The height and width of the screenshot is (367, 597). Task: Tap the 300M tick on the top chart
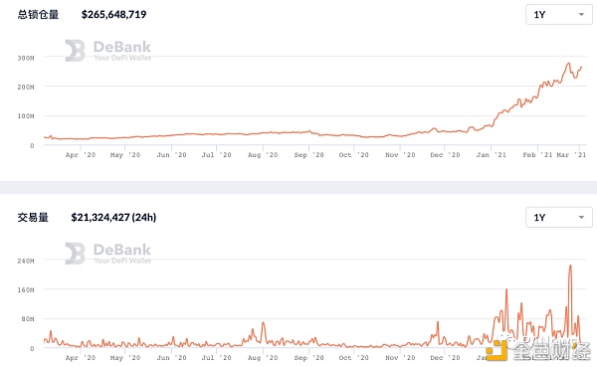(x=26, y=58)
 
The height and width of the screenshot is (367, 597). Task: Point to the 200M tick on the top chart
(x=26, y=87)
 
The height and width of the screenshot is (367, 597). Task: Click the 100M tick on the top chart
(x=26, y=115)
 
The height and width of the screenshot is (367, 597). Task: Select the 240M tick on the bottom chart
(x=26, y=261)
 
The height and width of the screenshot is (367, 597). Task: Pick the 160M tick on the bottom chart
(x=26, y=290)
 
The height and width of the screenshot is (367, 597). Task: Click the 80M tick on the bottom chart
(x=28, y=320)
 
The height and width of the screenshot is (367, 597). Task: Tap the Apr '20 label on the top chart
(x=80, y=155)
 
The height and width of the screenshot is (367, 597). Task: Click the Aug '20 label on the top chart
(x=263, y=155)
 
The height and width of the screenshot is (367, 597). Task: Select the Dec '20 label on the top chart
(x=443, y=155)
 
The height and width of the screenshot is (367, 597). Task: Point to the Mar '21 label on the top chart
(x=570, y=155)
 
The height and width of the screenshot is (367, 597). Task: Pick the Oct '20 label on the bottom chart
(x=353, y=358)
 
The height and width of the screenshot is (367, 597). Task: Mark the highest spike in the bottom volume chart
(x=570, y=266)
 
